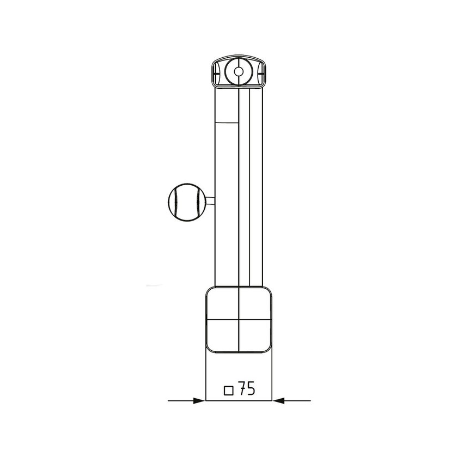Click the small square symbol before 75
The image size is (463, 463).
coord(229,390)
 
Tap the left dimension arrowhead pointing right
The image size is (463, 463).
coord(199,401)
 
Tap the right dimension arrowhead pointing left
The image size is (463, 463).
coord(278,401)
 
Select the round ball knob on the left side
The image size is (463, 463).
coord(187,202)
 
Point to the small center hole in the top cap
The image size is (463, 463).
coord(238,70)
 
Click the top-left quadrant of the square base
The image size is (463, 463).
coord(222,303)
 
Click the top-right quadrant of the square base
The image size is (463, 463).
coord(254,303)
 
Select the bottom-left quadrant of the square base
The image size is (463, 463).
coord(222,334)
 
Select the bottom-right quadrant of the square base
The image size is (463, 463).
coord(254,334)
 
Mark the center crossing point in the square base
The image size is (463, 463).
coord(239,318)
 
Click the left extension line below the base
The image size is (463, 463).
coord(205,376)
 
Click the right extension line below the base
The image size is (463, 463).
coord(271,376)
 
